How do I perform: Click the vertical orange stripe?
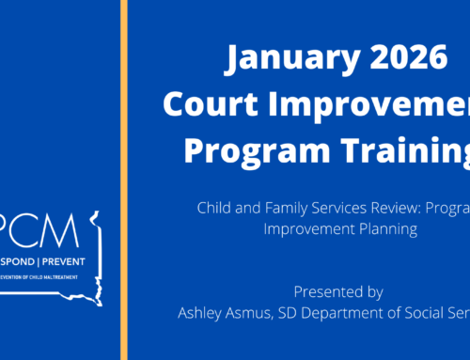(123, 180)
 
